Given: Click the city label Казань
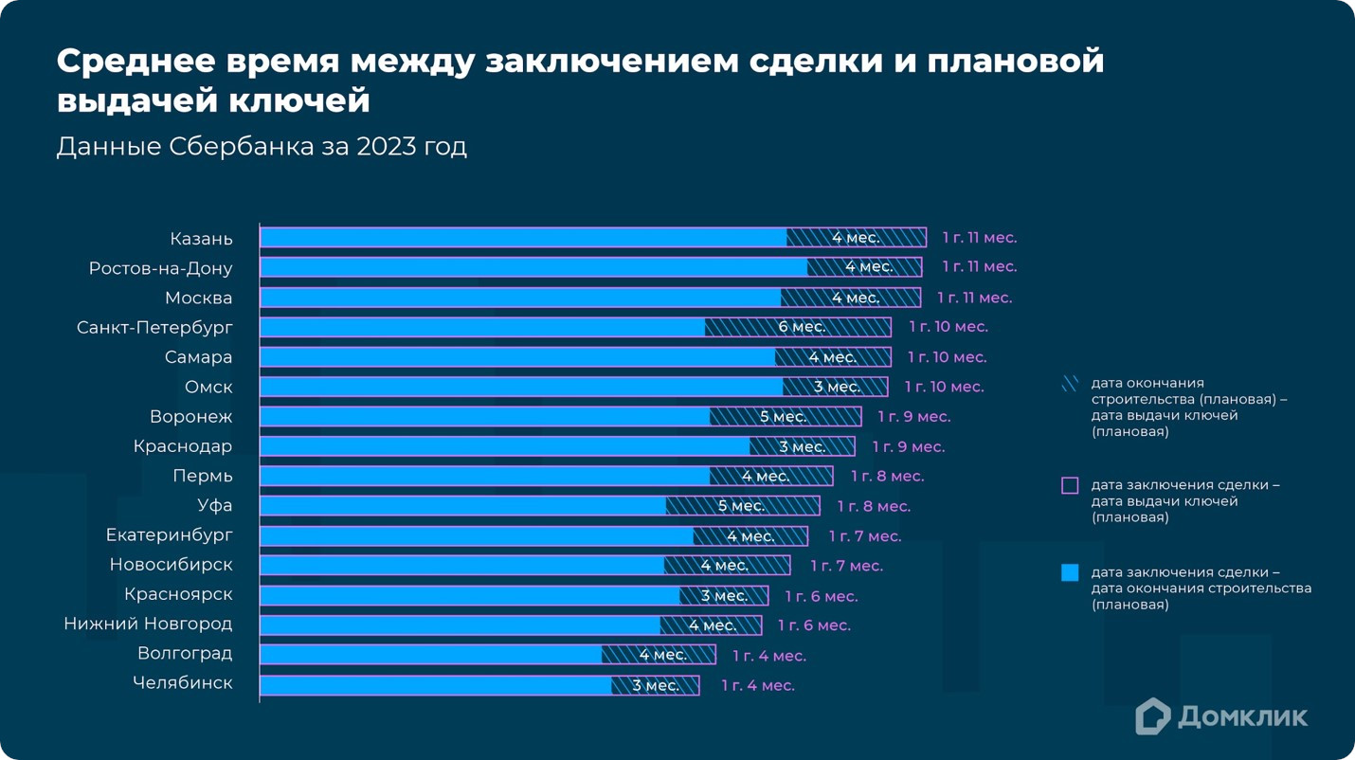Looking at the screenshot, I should coord(201,239).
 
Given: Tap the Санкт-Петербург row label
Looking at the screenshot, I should coord(154,328).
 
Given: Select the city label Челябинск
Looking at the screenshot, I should coord(182,683).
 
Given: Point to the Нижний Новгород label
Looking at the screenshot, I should coord(148,624).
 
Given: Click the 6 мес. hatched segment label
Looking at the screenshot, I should coord(802,327).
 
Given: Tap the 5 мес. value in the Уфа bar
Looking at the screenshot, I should coord(741,506).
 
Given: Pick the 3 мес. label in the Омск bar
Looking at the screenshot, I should coord(837,387).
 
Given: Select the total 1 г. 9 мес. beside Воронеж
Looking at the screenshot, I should coord(913,417).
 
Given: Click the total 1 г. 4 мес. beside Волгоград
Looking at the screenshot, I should coord(768,656).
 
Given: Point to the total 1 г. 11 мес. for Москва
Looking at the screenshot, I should coord(974,298).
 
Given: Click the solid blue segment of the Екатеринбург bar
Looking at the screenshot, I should coord(476,536).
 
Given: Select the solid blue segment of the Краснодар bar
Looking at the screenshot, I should coord(504,446).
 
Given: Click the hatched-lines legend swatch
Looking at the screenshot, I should coord(1070,384).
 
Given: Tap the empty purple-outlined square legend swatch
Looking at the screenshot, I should coord(1070,485).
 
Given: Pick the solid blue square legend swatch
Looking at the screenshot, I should coord(1070,572).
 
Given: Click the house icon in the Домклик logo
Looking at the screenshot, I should coord(1152,716).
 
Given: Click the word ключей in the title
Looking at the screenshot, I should coord(303,100).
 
